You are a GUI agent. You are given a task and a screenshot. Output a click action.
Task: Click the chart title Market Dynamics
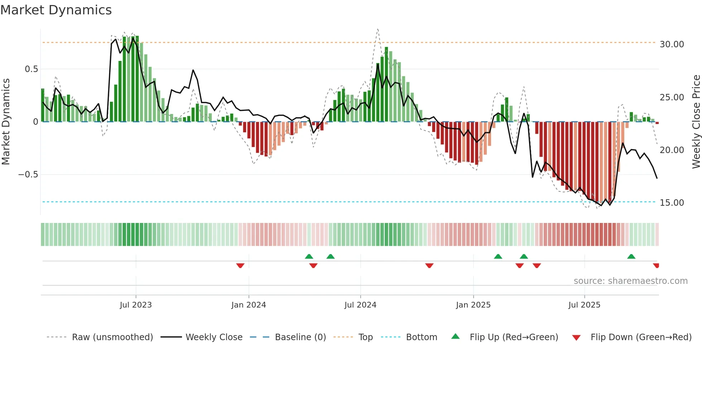[x=56, y=10]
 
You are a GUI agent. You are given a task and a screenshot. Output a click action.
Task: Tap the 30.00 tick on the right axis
[x=672, y=44]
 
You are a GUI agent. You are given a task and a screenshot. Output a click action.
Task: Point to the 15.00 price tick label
[x=672, y=203]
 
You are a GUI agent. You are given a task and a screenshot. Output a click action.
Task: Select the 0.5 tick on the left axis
[x=31, y=69]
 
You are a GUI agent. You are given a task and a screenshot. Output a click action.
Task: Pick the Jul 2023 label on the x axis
[x=136, y=305]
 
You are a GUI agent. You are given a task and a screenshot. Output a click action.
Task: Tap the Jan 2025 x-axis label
[x=473, y=305]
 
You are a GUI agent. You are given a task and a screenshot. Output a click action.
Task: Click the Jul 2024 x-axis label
[x=360, y=305]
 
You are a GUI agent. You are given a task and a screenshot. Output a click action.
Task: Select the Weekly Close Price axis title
[x=696, y=122]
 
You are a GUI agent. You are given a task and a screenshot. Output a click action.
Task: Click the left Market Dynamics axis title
[x=6, y=122]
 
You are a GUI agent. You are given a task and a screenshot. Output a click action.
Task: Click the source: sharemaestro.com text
[x=630, y=281]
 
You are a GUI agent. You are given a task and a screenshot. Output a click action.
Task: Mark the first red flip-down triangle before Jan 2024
[x=240, y=266]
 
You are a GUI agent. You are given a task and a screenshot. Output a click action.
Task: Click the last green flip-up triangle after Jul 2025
[x=631, y=256]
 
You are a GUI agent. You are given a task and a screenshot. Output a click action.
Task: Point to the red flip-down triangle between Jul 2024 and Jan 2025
[x=429, y=266]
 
